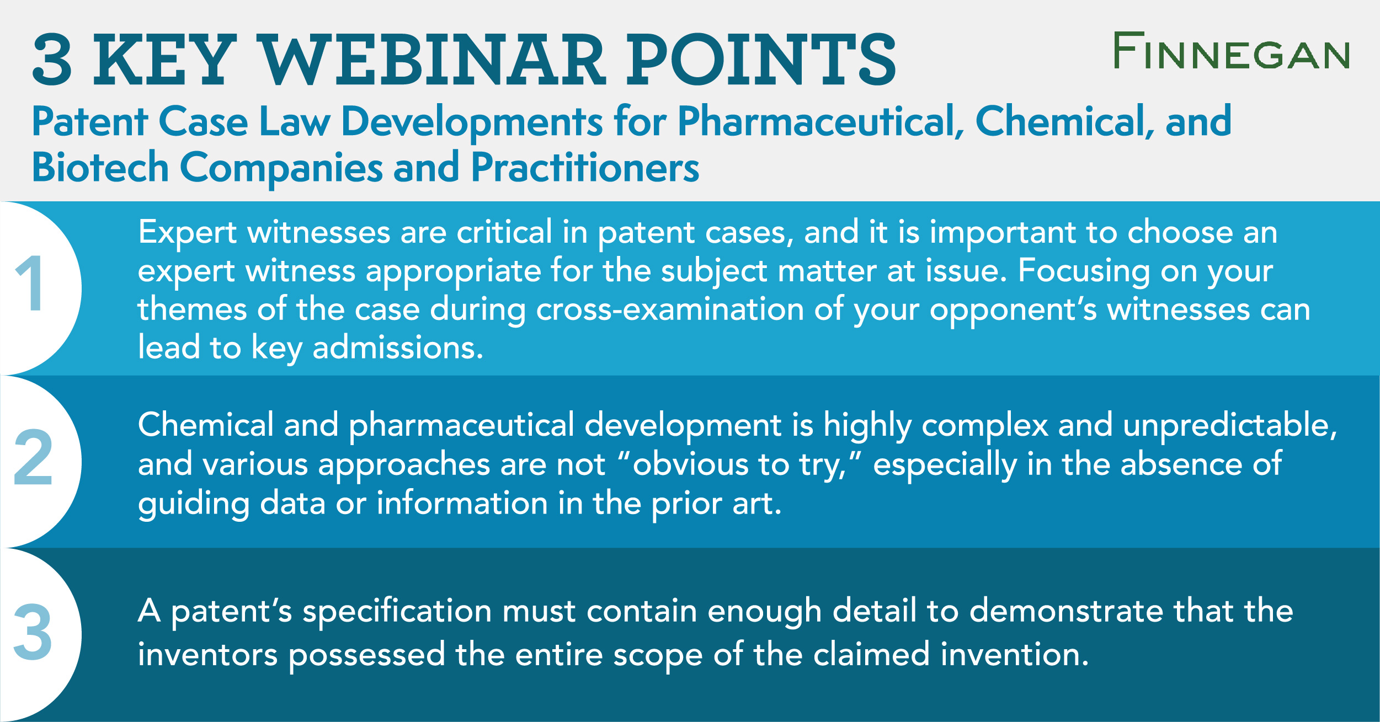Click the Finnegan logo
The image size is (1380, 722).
1231,51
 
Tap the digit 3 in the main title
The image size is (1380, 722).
52,60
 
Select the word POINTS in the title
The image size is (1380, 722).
761,60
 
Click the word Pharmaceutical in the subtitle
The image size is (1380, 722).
820,122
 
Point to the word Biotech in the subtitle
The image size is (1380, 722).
100,168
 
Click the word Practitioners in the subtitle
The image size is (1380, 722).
585,168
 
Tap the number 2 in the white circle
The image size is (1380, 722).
33,457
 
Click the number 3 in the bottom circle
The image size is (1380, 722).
33,632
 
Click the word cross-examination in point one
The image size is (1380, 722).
670,309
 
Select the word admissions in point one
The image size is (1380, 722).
397,349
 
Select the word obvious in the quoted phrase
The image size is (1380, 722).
690,464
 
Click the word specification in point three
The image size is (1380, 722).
397,613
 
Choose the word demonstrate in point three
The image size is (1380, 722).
1065,612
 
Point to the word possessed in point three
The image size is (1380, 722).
366,656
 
